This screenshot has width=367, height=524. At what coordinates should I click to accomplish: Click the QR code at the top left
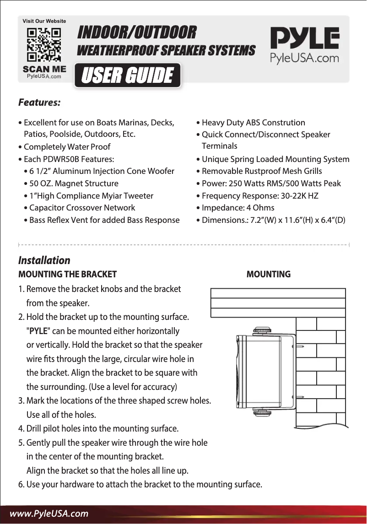tap(44, 45)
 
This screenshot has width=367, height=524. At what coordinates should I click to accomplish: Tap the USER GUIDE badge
tap(128, 76)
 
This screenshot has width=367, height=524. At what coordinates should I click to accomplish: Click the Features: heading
tap(39, 102)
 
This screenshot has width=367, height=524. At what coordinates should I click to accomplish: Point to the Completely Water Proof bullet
tap(67, 147)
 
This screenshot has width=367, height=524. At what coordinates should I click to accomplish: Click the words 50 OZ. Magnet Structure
tap(74, 184)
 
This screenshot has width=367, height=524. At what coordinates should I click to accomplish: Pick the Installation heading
tap(44, 260)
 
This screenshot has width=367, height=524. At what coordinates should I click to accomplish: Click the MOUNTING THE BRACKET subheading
tap(67, 275)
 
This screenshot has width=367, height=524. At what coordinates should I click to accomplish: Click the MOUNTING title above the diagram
tap(268, 275)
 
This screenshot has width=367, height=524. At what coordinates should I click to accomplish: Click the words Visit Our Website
tap(44, 21)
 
